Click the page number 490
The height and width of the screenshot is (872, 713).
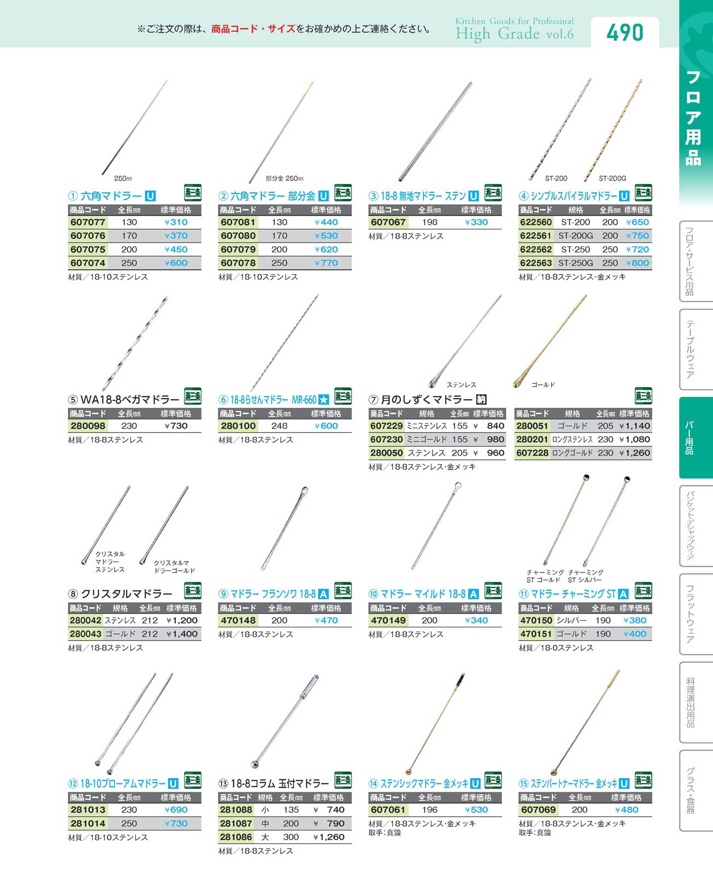pos(624,33)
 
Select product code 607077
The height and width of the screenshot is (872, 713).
pos(88,222)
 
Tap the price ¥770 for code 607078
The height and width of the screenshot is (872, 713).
pos(326,263)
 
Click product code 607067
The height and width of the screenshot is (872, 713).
pos(388,222)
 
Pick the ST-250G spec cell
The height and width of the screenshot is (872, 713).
pos(576,263)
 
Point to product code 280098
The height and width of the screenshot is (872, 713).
pos(88,426)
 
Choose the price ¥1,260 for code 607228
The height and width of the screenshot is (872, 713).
pos(635,453)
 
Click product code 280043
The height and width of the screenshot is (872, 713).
pos(85,634)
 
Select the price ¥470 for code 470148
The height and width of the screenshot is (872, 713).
pos(326,620)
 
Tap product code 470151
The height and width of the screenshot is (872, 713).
pos(536,634)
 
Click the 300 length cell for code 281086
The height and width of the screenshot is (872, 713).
pos(291,837)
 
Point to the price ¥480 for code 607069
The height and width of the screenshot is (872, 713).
pos(626,810)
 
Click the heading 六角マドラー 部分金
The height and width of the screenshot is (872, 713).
pos(273,196)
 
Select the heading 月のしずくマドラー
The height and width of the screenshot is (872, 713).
pos(427,400)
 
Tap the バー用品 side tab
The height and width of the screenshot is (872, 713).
pos(690,437)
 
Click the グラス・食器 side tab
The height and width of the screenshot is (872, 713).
pos(690,790)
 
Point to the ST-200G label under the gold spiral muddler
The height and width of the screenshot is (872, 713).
pos(612,178)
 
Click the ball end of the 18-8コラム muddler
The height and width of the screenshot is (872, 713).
pos(255,765)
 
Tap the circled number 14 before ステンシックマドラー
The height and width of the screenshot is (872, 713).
pos(373,784)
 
